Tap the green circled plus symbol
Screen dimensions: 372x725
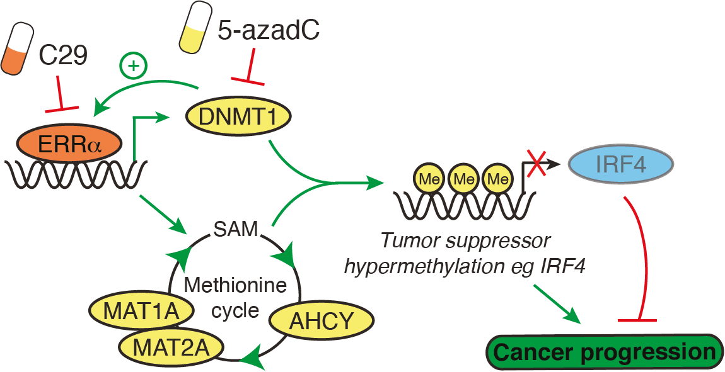pos(134,65)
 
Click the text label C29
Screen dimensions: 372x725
pos(63,55)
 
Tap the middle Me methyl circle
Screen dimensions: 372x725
pos(463,179)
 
